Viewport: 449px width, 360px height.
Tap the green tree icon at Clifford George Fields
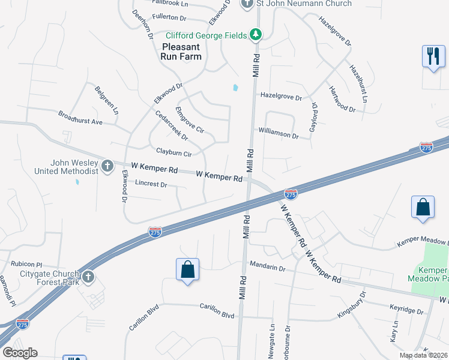click(256, 35)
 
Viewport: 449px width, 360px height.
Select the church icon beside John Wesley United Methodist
click(107, 166)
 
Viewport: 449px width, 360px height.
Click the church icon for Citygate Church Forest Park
click(88, 277)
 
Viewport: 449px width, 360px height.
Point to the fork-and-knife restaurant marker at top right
click(433, 56)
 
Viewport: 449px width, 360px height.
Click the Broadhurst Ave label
click(80, 117)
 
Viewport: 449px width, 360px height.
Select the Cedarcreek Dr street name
click(172, 125)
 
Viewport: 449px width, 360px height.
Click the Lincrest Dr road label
click(151, 184)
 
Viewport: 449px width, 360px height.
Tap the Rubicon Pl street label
click(26, 264)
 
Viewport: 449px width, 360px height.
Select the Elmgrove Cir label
click(190, 120)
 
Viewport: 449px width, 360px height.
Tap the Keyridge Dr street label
click(406, 309)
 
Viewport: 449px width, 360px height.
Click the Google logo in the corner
click(20, 353)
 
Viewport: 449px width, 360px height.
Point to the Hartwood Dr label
click(342, 99)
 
